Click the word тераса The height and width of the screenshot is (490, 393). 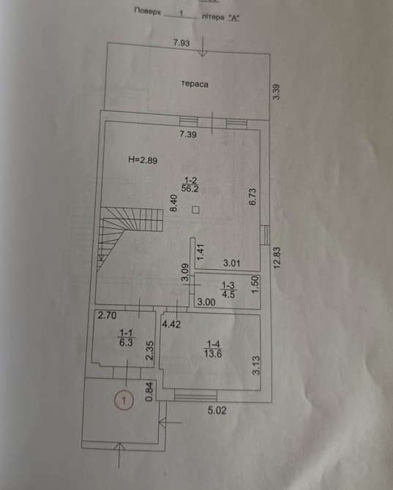click(195, 84)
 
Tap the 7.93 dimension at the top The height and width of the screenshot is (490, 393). click(181, 42)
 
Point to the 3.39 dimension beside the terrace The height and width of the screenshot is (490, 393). click(277, 92)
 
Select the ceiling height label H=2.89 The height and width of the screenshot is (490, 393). click(143, 160)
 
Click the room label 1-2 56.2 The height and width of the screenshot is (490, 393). click(190, 185)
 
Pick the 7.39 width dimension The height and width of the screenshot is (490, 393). click(188, 135)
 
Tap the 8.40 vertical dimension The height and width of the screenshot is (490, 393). click(173, 203)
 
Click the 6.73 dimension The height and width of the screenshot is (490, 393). click(252, 197)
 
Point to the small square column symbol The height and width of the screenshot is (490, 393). click(195, 210)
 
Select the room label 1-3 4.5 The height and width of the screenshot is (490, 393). click(228, 290)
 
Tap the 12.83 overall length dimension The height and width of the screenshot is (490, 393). click(277, 258)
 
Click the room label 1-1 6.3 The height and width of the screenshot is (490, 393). click(126, 338)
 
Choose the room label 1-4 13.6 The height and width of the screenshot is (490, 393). click(213, 349)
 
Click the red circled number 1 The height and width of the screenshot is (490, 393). click(124, 400)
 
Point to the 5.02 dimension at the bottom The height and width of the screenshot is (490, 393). click(217, 410)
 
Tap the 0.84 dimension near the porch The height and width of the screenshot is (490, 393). click(150, 392)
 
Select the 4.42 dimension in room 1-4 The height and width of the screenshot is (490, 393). click(171, 324)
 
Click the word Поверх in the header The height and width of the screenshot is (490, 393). click(148, 12)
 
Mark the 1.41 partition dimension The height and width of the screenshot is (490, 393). click(200, 252)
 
